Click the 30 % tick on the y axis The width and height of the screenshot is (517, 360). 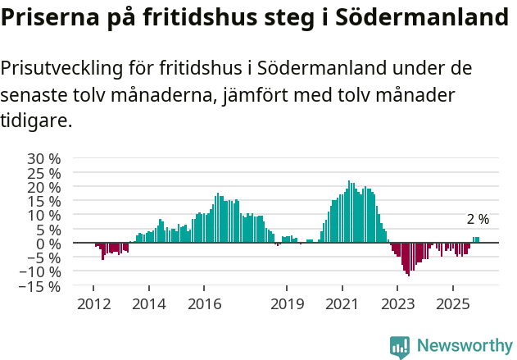point(44,158)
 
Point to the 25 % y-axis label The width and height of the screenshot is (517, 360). point(44,173)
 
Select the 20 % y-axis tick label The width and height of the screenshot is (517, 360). point(44,187)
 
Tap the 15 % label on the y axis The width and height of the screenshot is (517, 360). point(44,201)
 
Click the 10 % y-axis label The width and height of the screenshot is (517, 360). point(44,215)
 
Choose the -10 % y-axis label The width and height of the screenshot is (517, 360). point(41,272)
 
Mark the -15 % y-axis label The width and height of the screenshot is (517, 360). point(41,286)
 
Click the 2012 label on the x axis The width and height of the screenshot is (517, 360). point(93,304)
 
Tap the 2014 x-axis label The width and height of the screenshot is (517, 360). point(148,304)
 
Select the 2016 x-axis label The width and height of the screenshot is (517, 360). point(204,304)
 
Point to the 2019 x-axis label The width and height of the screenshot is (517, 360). point(287,304)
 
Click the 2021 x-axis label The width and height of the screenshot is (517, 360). point(342,304)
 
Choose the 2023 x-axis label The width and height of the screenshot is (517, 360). point(397,304)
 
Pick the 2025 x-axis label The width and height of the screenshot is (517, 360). point(453,304)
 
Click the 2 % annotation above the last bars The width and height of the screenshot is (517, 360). point(478,220)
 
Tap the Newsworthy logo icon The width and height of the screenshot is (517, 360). point(400,347)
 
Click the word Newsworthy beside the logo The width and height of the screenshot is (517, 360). point(464,347)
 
